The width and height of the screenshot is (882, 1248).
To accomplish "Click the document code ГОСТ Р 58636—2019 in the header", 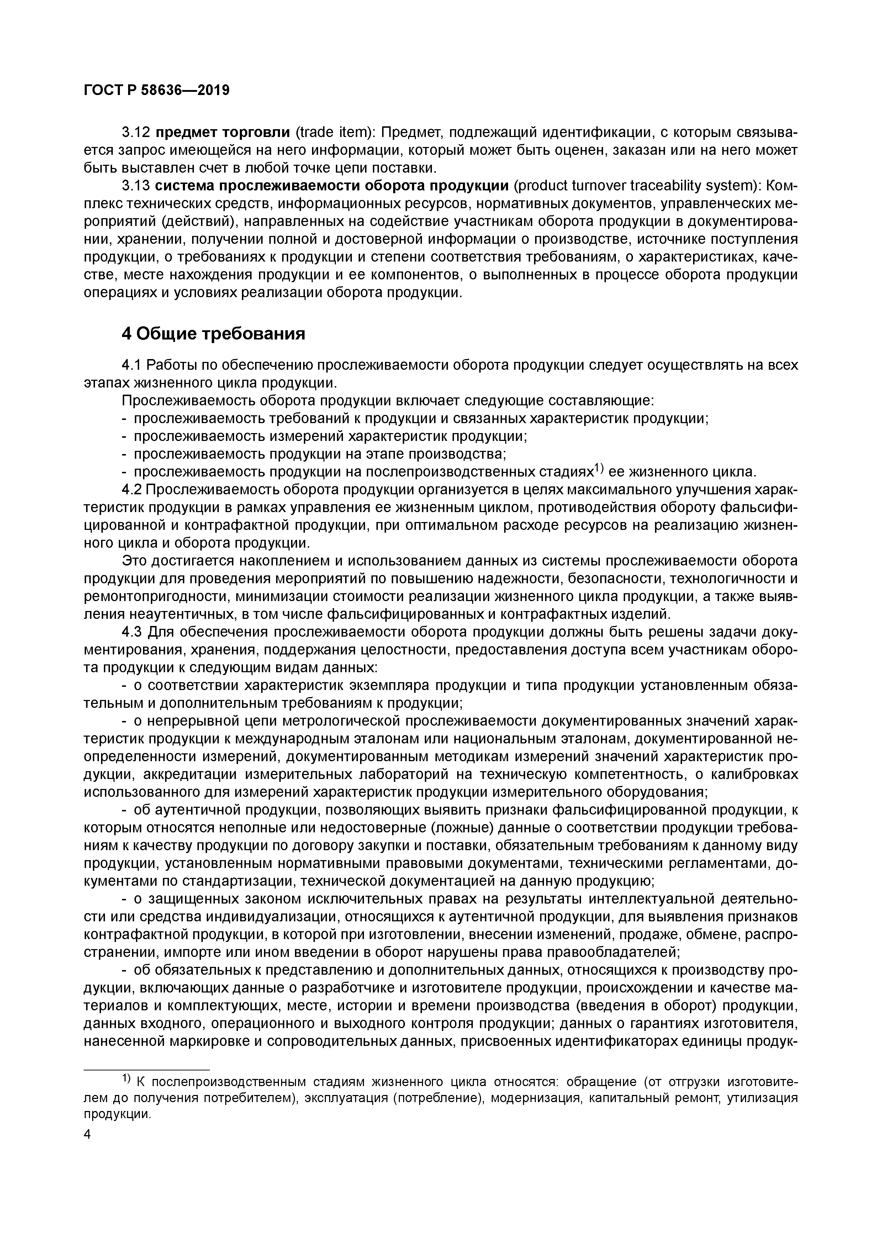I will point(157,90).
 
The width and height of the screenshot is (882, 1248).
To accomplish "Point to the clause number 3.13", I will point(135,186).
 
